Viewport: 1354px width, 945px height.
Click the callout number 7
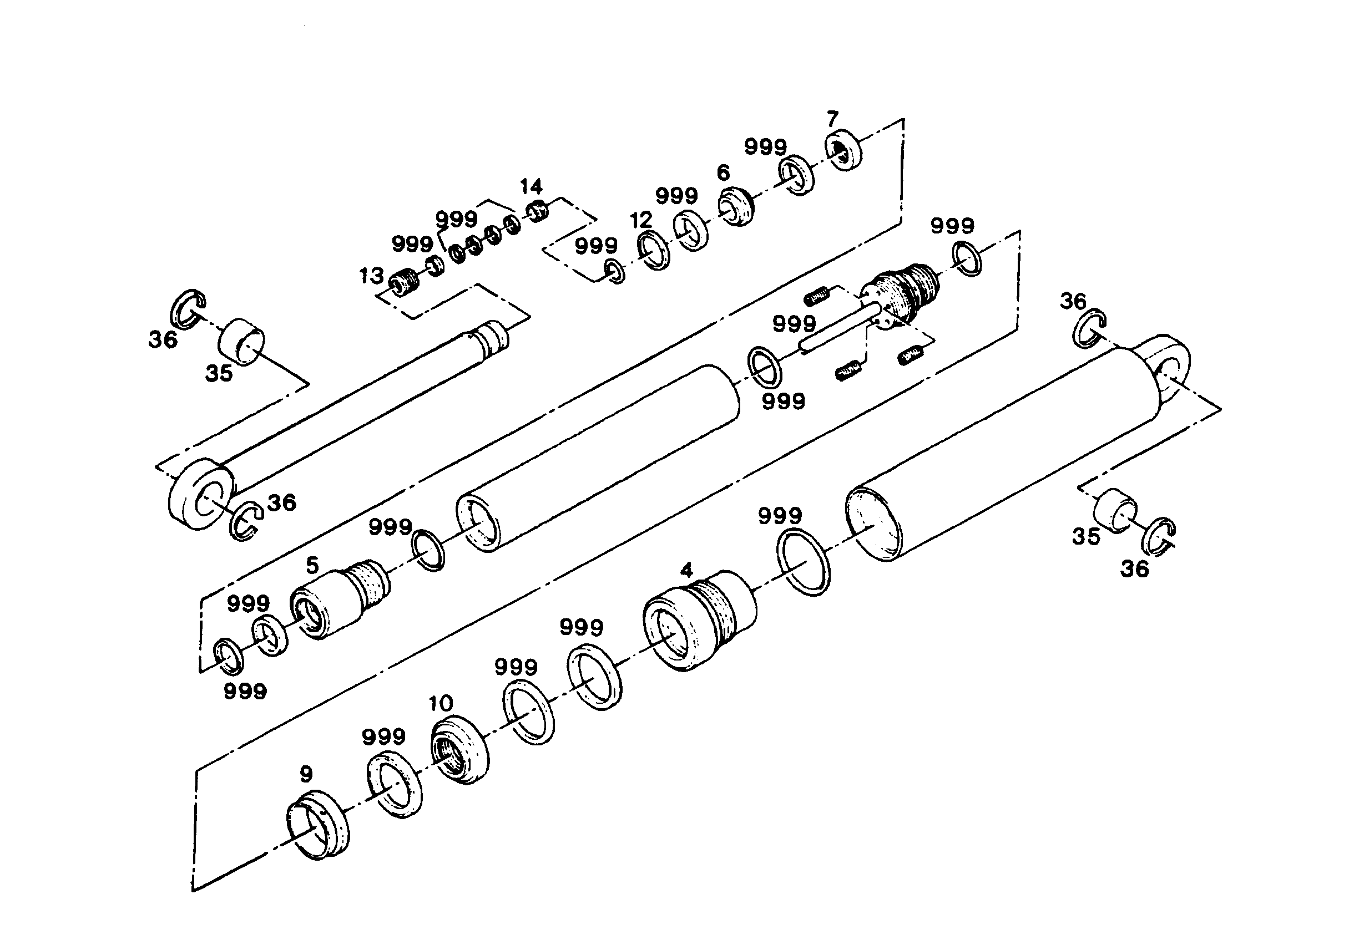[x=832, y=120]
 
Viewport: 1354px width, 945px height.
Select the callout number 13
[x=372, y=276]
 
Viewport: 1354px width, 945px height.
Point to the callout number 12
[x=641, y=221]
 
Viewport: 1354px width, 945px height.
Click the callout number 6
[x=723, y=172]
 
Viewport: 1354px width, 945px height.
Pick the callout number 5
[x=312, y=565]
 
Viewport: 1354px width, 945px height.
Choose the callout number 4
[x=686, y=570]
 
